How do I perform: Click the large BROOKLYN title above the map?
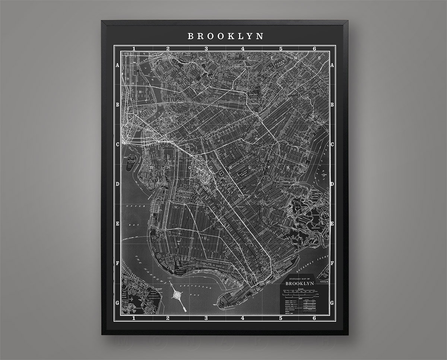(225, 36)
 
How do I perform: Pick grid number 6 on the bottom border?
(314, 318)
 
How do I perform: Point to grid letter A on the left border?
(117, 65)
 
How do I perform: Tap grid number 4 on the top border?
(242, 48)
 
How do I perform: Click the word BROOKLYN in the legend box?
(299, 283)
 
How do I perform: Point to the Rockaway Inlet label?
(310, 263)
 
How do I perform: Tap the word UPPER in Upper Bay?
(132, 206)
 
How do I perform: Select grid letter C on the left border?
(117, 144)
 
